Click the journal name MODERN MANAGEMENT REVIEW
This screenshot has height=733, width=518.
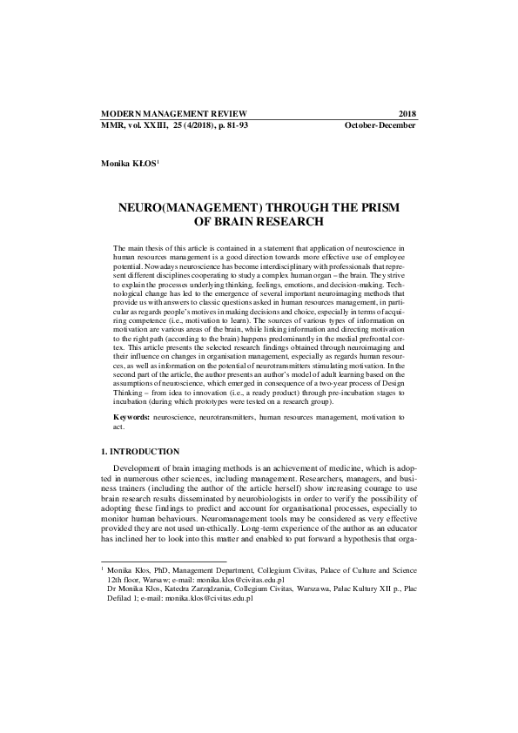174,114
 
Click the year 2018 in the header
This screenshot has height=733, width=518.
407,114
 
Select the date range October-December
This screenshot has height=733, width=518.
380,125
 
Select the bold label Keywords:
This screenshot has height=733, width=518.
131,419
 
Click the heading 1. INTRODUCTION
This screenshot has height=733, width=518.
141,452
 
